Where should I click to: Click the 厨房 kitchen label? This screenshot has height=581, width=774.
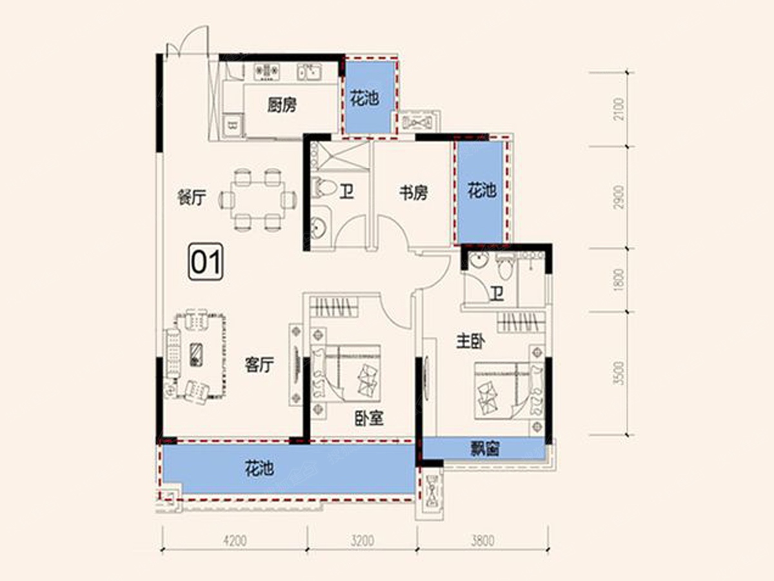(282, 105)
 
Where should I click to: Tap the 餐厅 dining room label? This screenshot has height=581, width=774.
(191, 197)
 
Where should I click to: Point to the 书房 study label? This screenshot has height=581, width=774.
(413, 192)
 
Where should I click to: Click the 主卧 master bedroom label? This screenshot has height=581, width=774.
(470, 341)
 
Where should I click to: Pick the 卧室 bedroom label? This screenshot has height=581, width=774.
(369, 418)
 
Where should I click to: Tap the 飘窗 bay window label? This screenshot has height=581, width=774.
(485, 449)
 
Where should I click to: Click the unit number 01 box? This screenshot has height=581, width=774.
(206, 261)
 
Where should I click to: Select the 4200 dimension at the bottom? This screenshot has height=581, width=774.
(235, 540)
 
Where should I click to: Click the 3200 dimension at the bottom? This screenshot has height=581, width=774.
(362, 540)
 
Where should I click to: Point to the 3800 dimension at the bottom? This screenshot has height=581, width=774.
(482, 540)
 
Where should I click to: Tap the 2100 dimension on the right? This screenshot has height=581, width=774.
(619, 109)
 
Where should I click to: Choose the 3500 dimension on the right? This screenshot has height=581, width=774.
(619, 373)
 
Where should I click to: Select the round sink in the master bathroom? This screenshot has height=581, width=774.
(479, 261)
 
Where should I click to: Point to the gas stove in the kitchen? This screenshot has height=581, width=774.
(267, 71)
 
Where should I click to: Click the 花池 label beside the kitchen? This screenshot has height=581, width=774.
(364, 98)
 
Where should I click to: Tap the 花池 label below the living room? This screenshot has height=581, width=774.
(259, 469)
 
